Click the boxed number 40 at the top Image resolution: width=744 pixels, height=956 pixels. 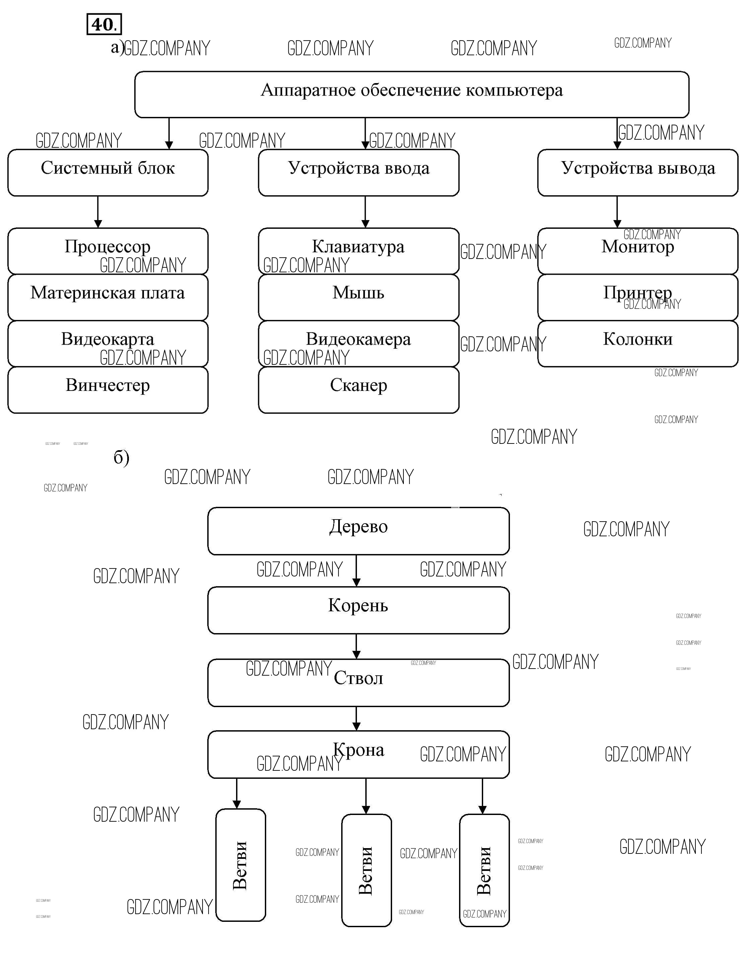click(x=104, y=24)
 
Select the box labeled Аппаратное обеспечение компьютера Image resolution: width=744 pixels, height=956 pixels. click(x=412, y=94)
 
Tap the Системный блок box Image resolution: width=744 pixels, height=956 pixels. click(x=108, y=173)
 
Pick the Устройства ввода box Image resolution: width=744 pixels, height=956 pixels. click(x=358, y=173)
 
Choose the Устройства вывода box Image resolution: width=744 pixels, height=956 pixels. click(x=638, y=173)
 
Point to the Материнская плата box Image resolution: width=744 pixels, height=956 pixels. click(x=108, y=297)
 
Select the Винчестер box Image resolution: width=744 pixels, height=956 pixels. click(x=108, y=390)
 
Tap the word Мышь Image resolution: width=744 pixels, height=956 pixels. click(x=358, y=292)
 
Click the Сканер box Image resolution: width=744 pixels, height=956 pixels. click(x=358, y=390)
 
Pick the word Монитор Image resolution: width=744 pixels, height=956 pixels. click(x=638, y=247)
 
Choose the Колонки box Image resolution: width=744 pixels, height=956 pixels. click(x=638, y=344)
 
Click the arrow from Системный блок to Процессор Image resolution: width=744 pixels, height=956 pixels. click(x=98, y=212)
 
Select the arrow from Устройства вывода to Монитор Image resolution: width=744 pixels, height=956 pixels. click(x=617, y=212)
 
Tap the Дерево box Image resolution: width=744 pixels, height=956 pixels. click(x=358, y=531)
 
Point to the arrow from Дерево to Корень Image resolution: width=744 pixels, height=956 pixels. click(x=356, y=571)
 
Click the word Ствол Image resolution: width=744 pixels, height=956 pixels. click(x=358, y=678)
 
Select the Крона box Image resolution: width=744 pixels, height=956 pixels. click(x=358, y=754)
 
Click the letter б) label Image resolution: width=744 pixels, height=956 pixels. click(x=121, y=458)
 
